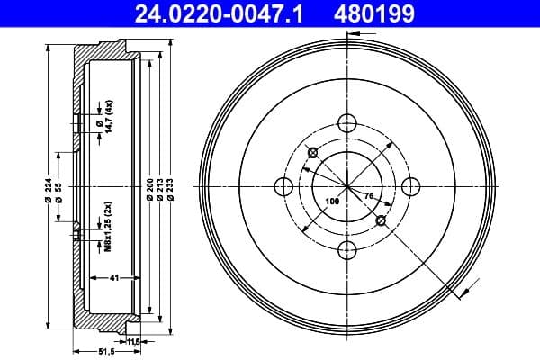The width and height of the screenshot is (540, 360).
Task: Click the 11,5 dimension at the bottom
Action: click(x=135, y=341)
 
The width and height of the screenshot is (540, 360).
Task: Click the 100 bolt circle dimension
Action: click(x=332, y=202)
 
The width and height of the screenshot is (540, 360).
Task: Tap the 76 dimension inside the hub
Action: click(x=369, y=194)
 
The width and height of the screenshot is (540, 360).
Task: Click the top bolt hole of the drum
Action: click(x=347, y=122)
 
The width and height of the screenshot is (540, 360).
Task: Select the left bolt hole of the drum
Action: click(x=283, y=186)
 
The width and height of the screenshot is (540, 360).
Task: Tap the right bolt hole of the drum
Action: click(x=410, y=186)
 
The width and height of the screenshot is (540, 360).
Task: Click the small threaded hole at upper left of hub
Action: click(x=311, y=152)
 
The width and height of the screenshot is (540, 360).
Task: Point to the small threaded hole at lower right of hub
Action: click(x=381, y=220)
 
